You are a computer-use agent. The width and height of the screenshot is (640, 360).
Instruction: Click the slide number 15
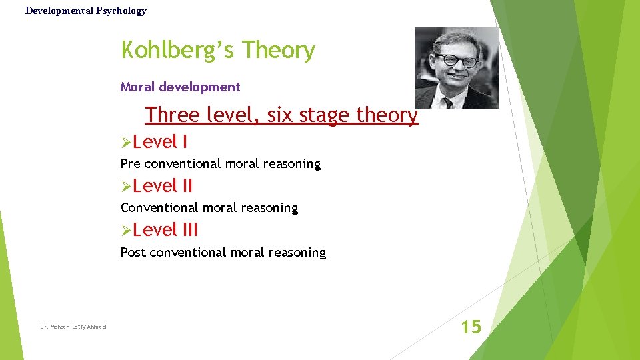tap(471, 327)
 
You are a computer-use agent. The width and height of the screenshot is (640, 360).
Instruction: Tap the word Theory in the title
tap(279, 51)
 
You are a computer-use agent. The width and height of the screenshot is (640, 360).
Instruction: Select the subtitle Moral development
tap(180, 87)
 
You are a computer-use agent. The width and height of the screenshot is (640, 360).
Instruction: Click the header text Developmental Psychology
tap(85, 11)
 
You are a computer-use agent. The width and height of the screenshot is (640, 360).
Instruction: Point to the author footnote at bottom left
tap(73, 327)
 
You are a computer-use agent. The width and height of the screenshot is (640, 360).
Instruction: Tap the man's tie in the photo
tap(449, 100)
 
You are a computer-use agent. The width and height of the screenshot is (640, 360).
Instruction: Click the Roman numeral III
tap(190, 230)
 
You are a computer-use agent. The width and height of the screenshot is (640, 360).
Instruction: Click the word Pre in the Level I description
tap(130, 163)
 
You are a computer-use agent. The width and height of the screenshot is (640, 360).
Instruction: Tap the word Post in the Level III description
tap(133, 252)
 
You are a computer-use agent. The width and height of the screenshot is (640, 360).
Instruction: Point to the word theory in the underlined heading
tap(387, 115)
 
